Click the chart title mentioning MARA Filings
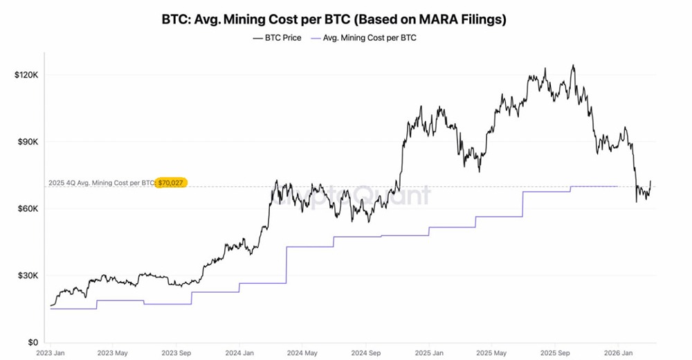(334, 19)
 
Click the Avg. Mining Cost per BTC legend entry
(365, 38)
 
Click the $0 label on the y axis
(33, 342)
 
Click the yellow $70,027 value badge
(172, 183)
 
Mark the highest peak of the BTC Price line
(573, 66)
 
